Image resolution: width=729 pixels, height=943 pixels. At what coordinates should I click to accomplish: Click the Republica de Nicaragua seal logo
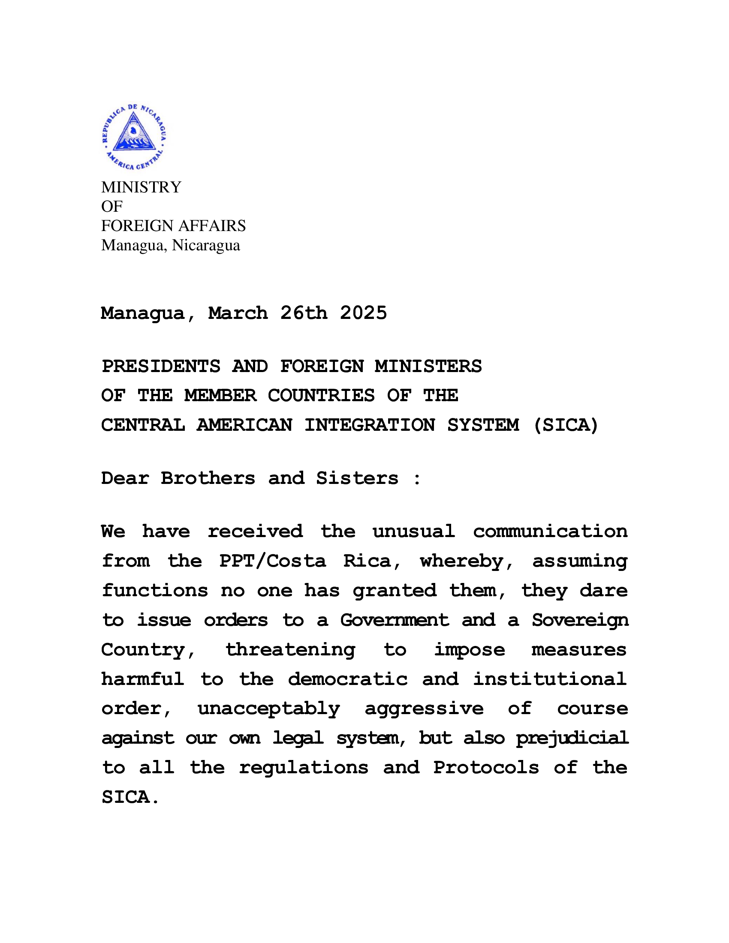(134, 136)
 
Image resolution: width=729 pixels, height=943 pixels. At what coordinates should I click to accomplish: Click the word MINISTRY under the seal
(141, 187)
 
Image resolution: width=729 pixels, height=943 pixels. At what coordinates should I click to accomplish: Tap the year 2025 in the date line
(363, 313)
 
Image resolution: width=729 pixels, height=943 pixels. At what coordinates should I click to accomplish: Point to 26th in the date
(304, 313)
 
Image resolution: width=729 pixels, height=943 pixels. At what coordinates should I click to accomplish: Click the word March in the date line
(238, 313)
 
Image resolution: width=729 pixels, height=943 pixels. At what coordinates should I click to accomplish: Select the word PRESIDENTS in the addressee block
(161, 366)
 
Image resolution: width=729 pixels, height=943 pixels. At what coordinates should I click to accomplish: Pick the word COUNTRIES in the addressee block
(321, 396)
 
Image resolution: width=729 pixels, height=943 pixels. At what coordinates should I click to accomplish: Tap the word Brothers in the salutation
(208, 478)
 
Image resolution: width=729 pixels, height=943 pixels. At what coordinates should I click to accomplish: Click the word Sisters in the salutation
(357, 478)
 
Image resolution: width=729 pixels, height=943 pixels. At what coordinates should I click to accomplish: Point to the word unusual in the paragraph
(414, 532)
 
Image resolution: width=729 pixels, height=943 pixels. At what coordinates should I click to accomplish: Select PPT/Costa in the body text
(272, 562)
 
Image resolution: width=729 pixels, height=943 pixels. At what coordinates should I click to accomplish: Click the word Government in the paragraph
(394, 621)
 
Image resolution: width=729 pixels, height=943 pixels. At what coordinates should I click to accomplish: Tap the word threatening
(290, 650)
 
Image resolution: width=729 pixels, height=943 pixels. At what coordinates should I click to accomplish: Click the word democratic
(348, 680)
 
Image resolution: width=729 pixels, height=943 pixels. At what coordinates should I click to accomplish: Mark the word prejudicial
(572, 739)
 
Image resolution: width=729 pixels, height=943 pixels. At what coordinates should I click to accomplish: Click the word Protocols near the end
(486, 768)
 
